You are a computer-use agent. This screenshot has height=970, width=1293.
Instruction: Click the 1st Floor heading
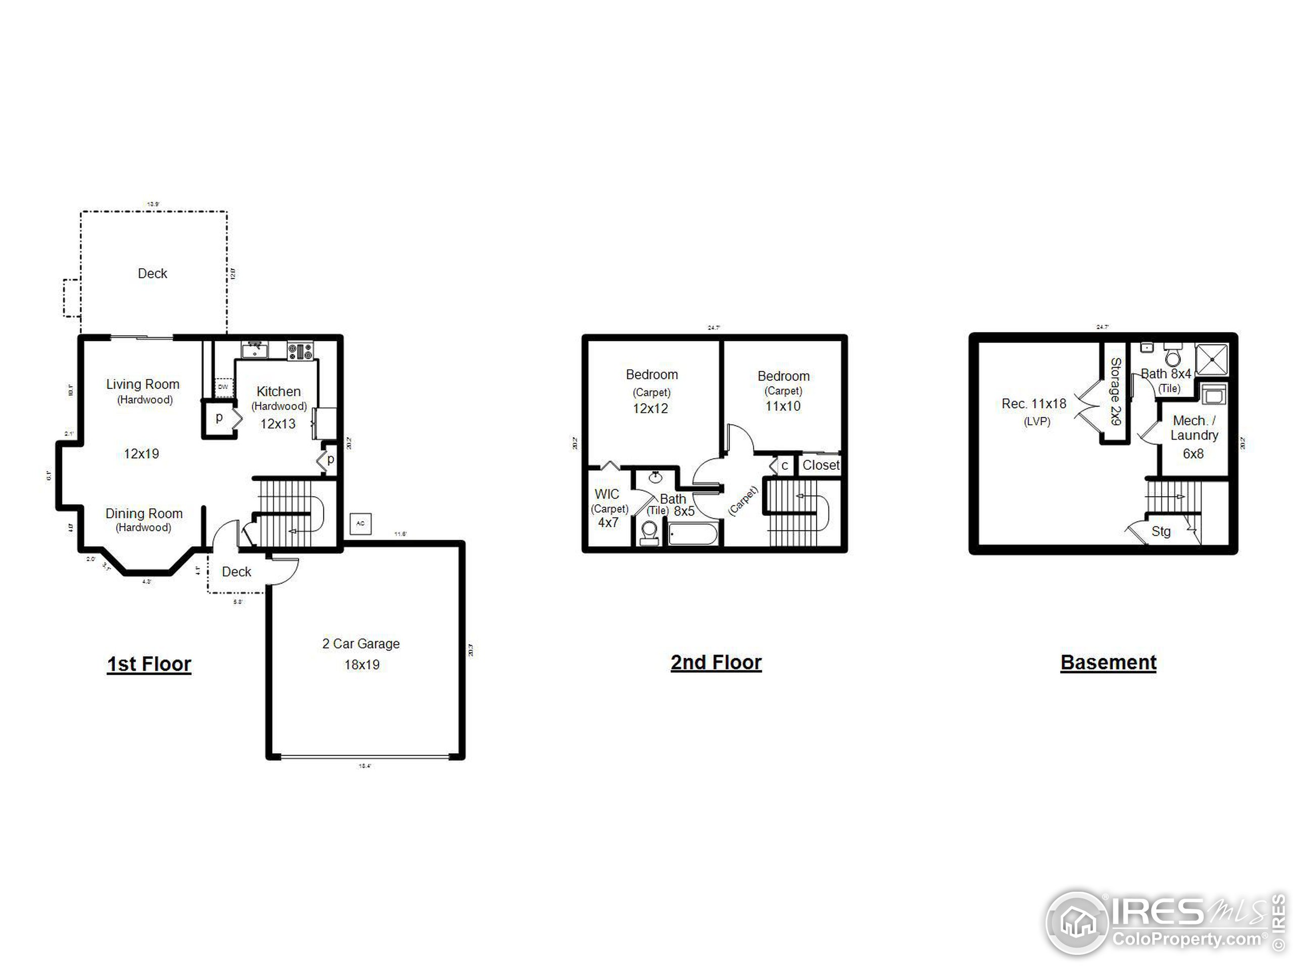pos(149,664)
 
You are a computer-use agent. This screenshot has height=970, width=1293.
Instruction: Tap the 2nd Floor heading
pos(716,662)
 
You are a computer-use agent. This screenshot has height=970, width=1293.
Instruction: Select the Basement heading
pos(1108,662)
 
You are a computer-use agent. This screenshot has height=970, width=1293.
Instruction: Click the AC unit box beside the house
pos(361,523)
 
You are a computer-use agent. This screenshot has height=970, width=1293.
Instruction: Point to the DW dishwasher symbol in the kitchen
pos(223,387)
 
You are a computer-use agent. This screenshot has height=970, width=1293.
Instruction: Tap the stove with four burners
pos(300,351)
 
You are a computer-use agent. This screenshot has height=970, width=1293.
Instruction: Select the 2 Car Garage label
pos(361,644)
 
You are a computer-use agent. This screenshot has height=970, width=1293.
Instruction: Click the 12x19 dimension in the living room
pos(141,454)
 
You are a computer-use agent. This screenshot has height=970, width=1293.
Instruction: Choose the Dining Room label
pos(144,513)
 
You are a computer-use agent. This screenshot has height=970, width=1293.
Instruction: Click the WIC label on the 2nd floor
pos(607,494)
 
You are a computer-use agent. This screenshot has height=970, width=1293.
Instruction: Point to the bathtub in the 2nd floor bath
pos(692,534)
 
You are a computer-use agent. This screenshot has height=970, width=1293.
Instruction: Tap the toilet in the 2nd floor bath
pos(649,532)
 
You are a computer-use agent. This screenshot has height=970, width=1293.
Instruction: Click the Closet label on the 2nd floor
pos(821,465)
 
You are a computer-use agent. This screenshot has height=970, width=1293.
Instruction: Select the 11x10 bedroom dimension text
pos(783,406)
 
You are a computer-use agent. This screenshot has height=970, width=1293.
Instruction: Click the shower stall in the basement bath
pos(1212,360)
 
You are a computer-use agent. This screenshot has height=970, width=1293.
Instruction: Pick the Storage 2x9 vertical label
pos(1115,391)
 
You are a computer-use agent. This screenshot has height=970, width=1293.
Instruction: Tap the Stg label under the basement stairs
pos(1160,531)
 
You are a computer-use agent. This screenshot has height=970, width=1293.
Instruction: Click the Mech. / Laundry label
pos(1193,428)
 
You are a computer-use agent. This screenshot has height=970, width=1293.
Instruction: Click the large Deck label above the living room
pos(152,274)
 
